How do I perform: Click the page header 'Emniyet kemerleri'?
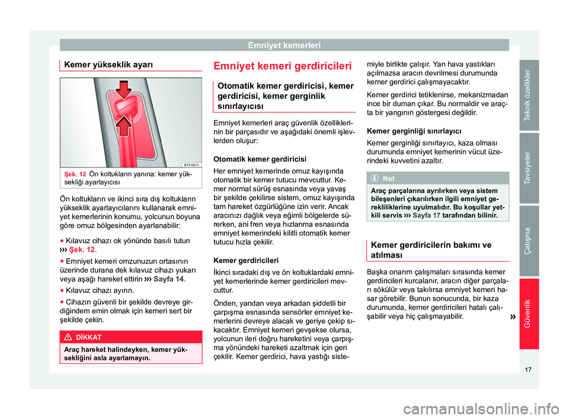(284, 44)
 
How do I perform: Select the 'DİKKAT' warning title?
(97, 336)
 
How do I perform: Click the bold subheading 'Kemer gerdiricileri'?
(241, 260)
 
